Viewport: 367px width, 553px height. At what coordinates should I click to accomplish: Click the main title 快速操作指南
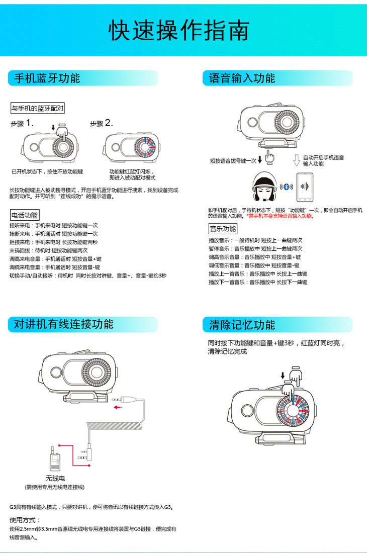pos(179,30)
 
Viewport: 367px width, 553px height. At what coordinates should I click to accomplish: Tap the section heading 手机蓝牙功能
pos(47,78)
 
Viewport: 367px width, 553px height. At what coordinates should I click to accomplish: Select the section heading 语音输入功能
pos(242,78)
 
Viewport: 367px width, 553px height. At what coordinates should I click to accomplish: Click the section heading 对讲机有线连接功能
pos(63,324)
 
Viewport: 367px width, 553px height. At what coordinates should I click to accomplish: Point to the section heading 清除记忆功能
pos(242,325)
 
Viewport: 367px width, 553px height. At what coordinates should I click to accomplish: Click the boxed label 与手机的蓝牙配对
pos(37,108)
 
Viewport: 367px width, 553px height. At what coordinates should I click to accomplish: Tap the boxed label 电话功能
pos(24,215)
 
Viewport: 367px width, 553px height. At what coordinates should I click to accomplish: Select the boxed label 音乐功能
pos(223,229)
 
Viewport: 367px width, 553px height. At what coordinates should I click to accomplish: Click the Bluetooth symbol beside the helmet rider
pos(287,187)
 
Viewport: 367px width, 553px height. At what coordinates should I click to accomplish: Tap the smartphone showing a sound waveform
pos(305,188)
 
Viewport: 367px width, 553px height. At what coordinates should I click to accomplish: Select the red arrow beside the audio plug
pos(118,407)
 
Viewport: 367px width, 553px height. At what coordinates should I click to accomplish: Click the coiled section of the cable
pos(115,426)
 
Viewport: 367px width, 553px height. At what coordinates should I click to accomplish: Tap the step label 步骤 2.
pos(102,123)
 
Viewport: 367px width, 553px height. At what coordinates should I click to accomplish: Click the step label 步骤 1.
pos(22,123)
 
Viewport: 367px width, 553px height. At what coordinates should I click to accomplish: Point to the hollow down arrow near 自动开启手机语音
pos(297,160)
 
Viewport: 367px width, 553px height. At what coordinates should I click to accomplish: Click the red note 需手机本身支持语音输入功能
pos(281,216)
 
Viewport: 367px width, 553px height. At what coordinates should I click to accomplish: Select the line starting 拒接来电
pos(54,242)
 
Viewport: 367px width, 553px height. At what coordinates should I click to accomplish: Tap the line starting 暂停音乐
pos(255,249)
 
